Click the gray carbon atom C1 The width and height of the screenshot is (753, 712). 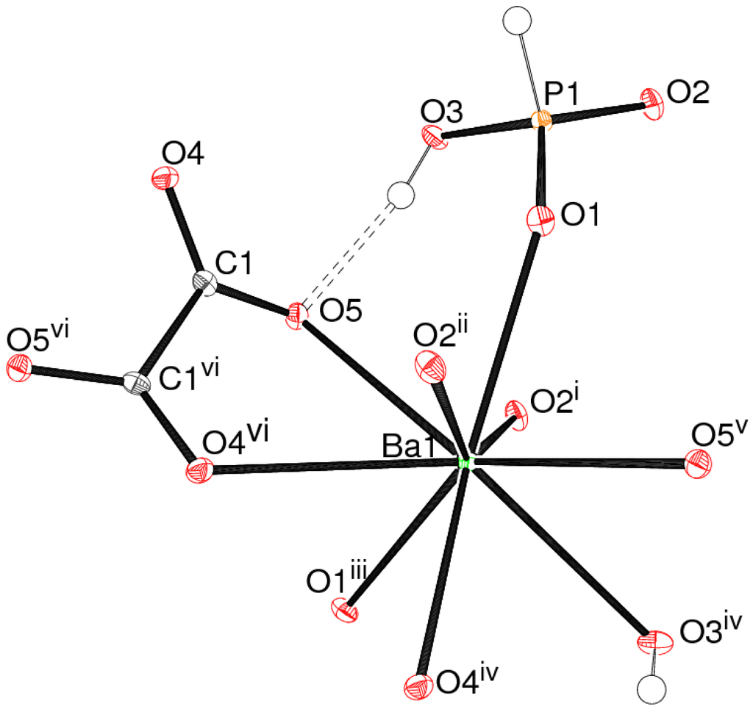click(207, 282)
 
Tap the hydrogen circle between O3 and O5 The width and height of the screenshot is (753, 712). click(401, 197)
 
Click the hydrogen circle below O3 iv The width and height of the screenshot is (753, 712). click(652, 689)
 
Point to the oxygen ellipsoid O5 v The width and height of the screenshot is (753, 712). click(697, 464)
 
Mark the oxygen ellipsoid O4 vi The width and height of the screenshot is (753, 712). click(200, 470)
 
